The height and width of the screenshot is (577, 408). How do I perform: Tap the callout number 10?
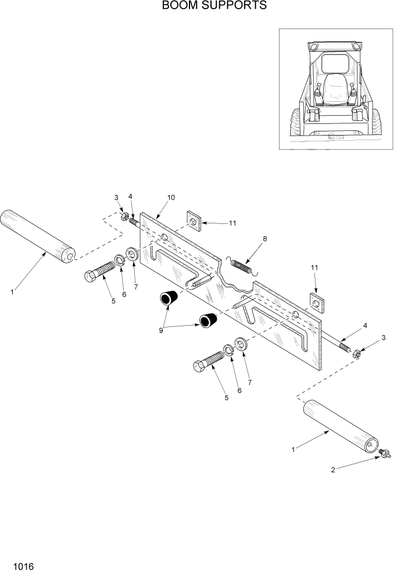tap(171, 198)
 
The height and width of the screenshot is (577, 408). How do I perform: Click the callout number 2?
tap(333, 470)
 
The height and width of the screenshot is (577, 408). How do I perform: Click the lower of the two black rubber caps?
tap(207, 319)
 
